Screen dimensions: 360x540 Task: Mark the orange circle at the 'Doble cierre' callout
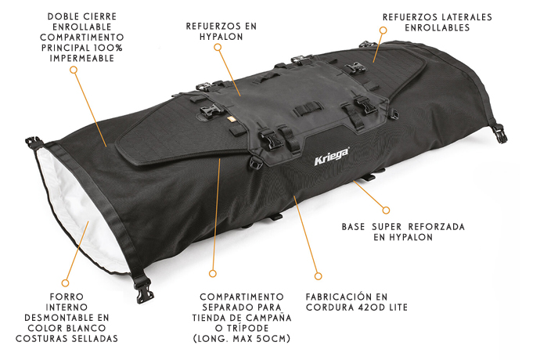(x=74, y=69)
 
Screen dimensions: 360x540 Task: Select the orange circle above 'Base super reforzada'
(x=385, y=209)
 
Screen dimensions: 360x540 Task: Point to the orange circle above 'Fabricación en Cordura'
(x=318, y=275)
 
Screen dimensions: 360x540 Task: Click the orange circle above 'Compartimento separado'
(x=212, y=273)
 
